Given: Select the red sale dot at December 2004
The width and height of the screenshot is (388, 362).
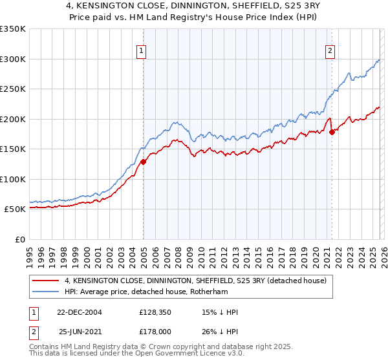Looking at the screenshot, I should (143, 162).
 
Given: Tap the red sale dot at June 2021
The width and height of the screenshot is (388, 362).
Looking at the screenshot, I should (332, 133).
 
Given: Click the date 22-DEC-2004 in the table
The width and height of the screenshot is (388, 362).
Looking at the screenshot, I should (80, 312).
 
